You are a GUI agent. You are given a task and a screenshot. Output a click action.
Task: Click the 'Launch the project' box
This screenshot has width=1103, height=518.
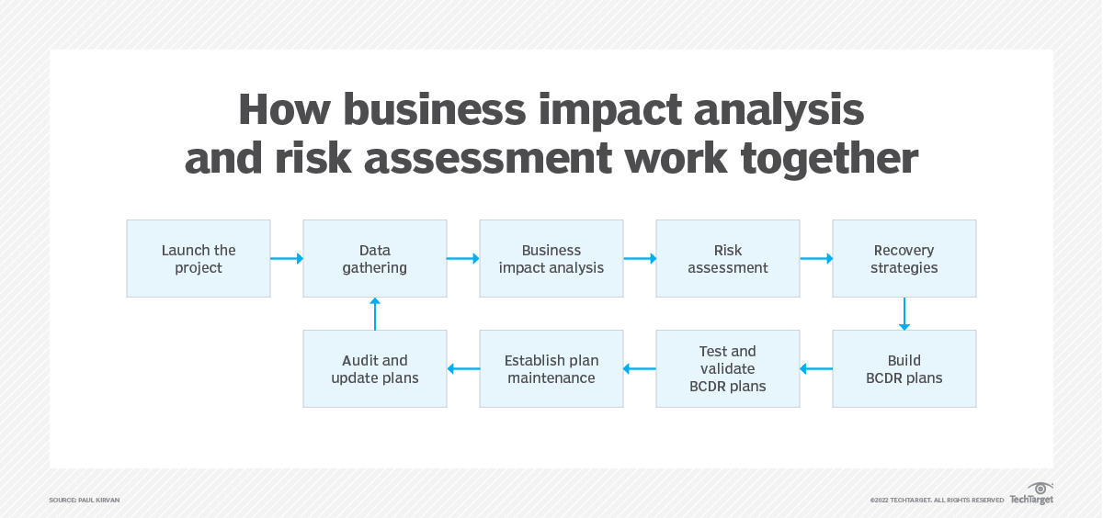(x=199, y=258)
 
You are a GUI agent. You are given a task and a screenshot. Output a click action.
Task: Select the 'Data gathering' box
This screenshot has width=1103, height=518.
(x=375, y=258)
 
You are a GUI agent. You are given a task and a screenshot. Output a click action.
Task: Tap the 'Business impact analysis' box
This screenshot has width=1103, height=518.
(x=551, y=258)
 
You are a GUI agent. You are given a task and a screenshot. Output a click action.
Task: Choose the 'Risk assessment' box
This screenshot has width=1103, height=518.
(x=728, y=258)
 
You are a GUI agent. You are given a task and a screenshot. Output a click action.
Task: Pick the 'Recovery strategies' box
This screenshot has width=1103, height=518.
(x=904, y=258)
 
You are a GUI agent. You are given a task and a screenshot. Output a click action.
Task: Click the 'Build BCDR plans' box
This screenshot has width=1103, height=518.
(x=904, y=368)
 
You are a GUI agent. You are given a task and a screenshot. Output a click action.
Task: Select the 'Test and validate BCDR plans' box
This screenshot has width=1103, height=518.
(x=728, y=368)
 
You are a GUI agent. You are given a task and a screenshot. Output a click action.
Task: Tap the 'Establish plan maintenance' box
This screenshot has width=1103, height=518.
(x=551, y=368)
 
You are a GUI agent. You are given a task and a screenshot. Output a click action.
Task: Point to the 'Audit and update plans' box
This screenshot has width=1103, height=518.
(x=375, y=368)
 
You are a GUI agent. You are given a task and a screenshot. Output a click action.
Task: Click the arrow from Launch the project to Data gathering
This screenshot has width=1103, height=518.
(x=287, y=259)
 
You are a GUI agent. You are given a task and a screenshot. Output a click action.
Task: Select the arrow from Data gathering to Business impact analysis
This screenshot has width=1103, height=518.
(x=463, y=259)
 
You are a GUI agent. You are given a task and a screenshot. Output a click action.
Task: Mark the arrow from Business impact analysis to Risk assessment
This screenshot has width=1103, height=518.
(x=640, y=259)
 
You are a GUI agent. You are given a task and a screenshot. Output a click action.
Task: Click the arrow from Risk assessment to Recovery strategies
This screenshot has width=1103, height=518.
(x=816, y=259)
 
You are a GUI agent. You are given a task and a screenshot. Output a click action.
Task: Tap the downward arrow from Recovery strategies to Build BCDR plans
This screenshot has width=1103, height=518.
(x=904, y=313)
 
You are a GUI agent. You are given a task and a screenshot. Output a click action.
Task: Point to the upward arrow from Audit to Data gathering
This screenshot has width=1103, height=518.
(x=375, y=313)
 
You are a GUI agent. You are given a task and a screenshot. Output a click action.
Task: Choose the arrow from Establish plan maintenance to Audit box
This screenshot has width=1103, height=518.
(x=463, y=369)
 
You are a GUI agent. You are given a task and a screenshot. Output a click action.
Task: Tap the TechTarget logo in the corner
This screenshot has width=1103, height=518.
(x=1031, y=494)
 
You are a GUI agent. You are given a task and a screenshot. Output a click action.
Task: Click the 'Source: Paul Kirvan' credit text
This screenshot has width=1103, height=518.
(x=85, y=500)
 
